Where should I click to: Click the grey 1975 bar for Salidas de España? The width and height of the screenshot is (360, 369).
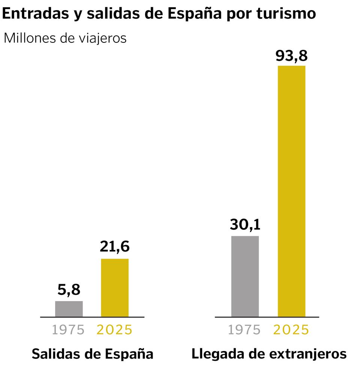69,309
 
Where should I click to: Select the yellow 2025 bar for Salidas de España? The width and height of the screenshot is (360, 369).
115,288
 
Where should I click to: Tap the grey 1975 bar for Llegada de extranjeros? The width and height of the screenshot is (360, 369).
245,276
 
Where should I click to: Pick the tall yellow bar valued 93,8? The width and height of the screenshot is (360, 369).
291,191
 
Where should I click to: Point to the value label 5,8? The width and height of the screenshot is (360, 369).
69,290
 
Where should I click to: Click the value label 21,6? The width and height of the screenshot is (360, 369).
115,247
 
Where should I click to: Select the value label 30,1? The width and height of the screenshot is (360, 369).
245,225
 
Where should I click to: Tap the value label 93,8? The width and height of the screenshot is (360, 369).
291,56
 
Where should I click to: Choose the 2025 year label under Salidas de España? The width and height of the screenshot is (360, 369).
115,330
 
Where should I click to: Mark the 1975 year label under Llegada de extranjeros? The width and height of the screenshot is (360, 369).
244,330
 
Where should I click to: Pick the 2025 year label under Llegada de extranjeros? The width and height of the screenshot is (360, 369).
291,330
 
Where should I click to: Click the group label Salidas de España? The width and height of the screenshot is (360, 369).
93,354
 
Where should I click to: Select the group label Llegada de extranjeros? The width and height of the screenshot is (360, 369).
269,354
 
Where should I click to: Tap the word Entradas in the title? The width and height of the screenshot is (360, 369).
34,14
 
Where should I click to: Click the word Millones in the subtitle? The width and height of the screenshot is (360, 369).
29,38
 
